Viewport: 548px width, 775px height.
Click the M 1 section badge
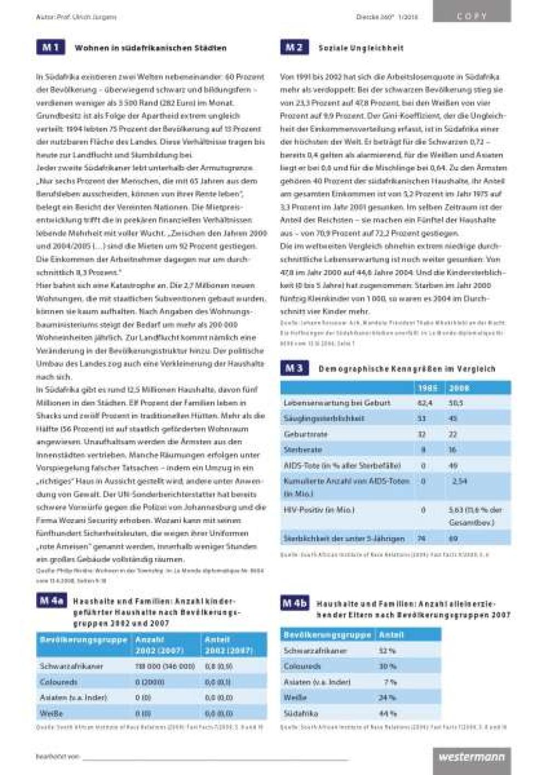coord(50,48)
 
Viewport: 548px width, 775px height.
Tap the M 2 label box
coord(294,48)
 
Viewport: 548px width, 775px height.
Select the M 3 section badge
coord(294,369)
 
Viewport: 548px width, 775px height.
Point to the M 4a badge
coord(52,601)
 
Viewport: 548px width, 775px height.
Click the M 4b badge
coord(294,603)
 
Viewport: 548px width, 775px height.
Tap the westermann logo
coord(471,757)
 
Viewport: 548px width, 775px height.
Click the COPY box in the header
coord(471,16)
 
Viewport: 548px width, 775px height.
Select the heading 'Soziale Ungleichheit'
coord(361,48)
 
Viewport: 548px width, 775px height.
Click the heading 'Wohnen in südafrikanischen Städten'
coord(150,48)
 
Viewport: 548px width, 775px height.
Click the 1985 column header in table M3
coord(427,388)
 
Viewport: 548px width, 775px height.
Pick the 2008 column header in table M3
coord(459,388)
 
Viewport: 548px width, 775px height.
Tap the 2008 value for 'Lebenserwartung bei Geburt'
coord(456,403)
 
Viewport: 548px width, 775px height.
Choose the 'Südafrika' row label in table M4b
coord(301,714)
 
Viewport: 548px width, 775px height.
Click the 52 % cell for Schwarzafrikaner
coord(387,651)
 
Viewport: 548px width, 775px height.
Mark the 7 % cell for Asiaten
coord(390,682)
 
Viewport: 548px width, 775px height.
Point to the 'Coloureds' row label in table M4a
coord(58,682)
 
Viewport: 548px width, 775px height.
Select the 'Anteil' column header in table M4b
coord(391,635)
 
